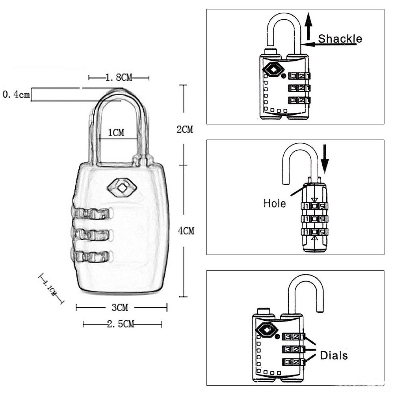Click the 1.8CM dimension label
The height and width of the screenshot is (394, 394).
pos(119,77)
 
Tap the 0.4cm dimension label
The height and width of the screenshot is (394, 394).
pos(16,94)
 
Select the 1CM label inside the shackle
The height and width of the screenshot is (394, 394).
pos(116,133)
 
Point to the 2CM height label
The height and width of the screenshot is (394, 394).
pos(185,129)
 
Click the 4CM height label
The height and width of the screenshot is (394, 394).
pos(186,231)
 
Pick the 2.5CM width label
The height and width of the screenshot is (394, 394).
pos(121,324)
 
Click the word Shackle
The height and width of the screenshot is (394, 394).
pos(340,39)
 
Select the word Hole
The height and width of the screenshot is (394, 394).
pos(274,203)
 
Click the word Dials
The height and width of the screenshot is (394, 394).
pos(334,355)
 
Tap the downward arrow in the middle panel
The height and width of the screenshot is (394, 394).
pos(325,159)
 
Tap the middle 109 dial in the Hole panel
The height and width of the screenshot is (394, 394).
pos(315,219)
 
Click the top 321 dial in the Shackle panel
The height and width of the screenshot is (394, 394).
pos(299,76)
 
